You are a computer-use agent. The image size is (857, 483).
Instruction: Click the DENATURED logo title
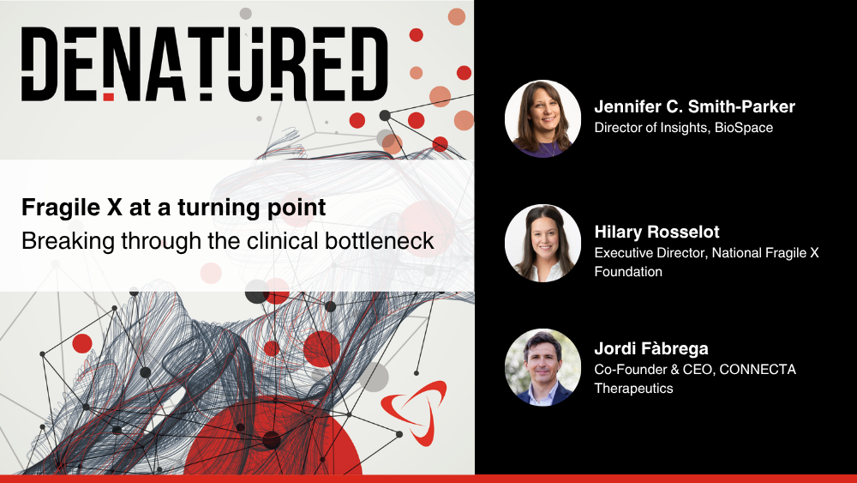pyautogui.click(x=205, y=64)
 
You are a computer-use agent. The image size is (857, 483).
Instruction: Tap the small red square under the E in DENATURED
pyautogui.click(x=109, y=97)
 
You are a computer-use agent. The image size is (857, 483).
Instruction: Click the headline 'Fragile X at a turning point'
pyautogui.click(x=174, y=208)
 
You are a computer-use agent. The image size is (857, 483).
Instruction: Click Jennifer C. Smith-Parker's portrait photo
pyautogui.click(x=542, y=118)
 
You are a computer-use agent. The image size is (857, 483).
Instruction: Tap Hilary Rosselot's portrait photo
pyautogui.click(x=542, y=244)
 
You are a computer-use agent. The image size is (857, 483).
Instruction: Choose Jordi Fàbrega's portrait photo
pyautogui.click(x=542, y=367)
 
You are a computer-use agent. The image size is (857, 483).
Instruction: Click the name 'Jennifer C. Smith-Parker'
pyautogui.click(x=695, y=106)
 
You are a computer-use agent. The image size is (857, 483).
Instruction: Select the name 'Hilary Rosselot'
pyautogui.click(x=657, y=232)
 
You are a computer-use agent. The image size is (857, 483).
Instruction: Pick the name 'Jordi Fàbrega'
pyautogui.click(x=651, y=348)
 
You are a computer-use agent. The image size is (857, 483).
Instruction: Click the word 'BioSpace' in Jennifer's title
pyautogui.click(x=744, y=128)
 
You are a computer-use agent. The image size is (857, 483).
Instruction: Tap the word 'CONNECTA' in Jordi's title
pyautogui.click(x=758, y=369)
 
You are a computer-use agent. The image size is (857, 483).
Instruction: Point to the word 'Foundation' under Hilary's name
pyautogui.click(x=628, y=271)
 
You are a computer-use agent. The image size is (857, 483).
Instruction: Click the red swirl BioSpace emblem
pyautogui.click(x=414, y=412)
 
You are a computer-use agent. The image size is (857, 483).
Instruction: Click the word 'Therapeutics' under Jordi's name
pyautogui.click(x=634, y=389)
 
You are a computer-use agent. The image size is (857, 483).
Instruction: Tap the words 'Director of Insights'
pyautogui.click(x=651, y=128)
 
